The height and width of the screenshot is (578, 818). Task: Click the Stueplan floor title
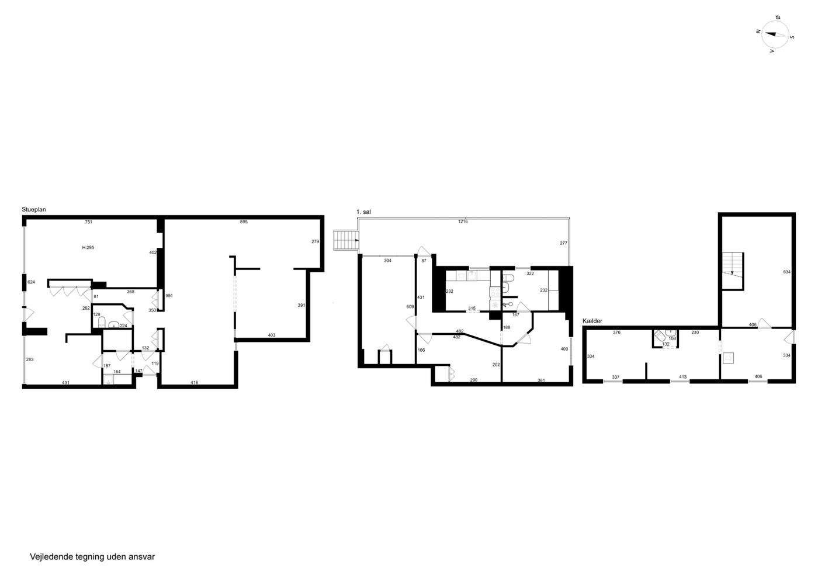34,210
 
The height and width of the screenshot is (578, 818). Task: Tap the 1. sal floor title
363,212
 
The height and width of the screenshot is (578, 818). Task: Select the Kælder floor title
592,321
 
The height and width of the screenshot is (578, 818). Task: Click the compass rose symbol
775,35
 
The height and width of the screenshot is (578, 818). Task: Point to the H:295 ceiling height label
88,247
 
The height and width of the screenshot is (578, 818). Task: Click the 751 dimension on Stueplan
88,221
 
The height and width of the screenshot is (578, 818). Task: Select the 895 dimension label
244,221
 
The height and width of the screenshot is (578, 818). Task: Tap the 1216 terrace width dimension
463,221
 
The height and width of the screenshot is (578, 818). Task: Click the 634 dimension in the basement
787,272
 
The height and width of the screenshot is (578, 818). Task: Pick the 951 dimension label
169,296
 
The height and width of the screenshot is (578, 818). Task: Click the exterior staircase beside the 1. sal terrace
346,240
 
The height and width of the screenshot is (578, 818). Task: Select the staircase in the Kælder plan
733,271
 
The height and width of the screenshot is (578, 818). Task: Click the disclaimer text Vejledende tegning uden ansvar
92,557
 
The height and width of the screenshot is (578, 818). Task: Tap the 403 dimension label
272,335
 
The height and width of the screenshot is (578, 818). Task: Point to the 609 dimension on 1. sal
410,307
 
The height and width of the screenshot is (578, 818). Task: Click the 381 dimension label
541,380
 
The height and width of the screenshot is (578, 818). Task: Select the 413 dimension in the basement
683,377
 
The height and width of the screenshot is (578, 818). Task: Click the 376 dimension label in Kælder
617,333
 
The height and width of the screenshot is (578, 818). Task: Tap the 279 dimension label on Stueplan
315,241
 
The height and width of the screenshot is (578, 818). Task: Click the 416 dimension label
194,383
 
